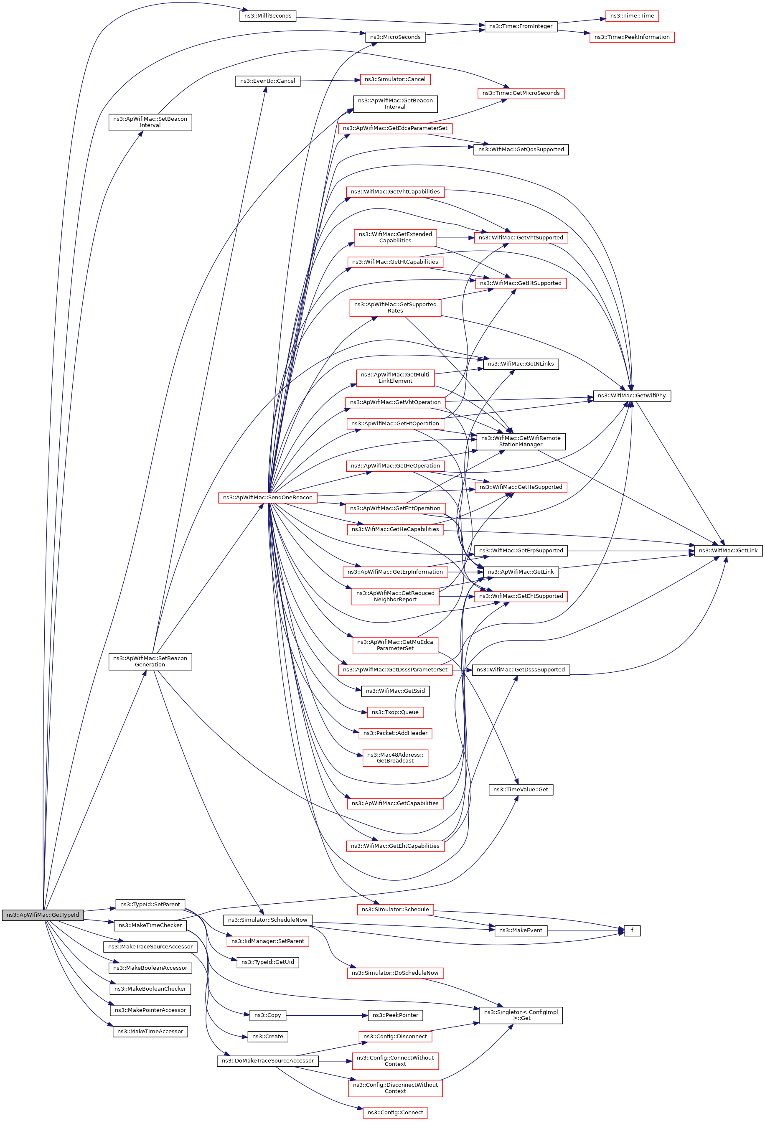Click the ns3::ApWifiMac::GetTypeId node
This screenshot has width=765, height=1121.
43,915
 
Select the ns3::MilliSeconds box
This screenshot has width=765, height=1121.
268,16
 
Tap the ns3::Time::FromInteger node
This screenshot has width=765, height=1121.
521,26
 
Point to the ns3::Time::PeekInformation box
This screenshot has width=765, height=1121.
631,37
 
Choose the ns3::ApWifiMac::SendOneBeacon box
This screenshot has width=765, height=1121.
268,497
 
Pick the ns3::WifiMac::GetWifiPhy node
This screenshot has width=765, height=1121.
631,396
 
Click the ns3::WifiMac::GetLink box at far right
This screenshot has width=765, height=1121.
728,550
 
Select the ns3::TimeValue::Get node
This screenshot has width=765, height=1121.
521,790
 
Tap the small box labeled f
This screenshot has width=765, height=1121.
632,930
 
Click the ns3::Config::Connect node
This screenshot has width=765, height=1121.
395,1112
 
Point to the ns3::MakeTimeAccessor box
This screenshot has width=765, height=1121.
150,1031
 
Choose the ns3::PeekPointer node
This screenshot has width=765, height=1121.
395,1015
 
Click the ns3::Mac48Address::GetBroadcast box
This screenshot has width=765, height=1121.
395,758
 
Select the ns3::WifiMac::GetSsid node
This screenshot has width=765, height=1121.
395,691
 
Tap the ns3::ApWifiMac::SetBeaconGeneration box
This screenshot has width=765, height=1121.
150,661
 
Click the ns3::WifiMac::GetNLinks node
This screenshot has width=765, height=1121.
521,363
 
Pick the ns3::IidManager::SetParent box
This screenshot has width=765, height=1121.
268,941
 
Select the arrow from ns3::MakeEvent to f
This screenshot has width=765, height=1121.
586,931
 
